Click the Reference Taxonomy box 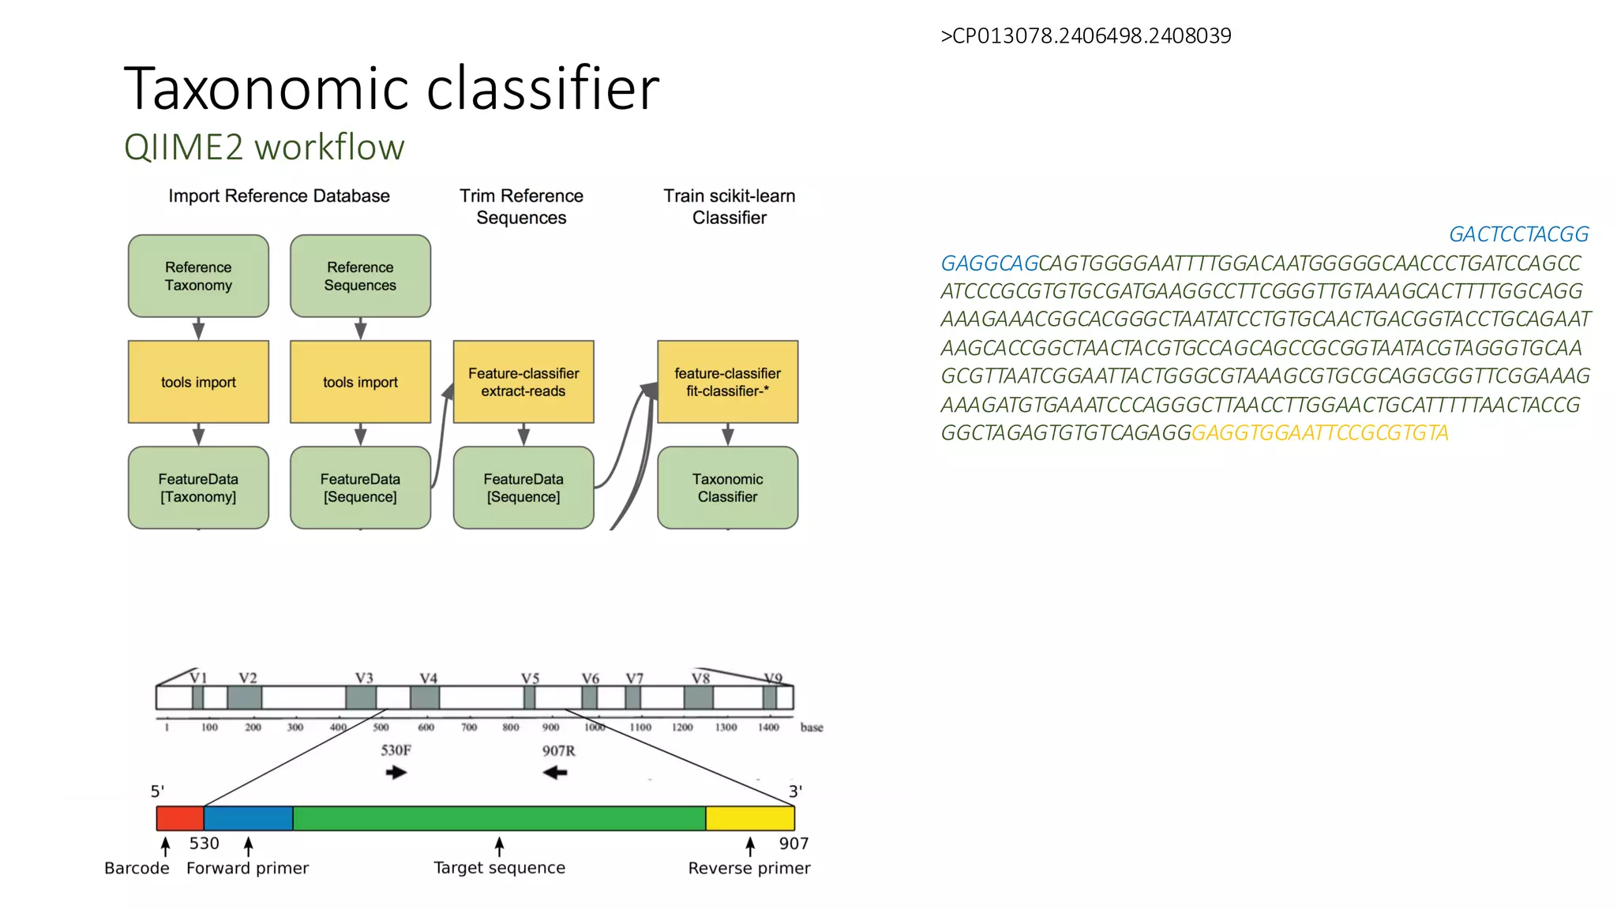tap(198, 276)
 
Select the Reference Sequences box tap(360, 276)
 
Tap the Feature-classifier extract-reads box tap(523, 382)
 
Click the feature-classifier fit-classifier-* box tap(727, 382)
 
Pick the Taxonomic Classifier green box tap(727, 488)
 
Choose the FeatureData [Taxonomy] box tap(198, 488)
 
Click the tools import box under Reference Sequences tap(360, 382)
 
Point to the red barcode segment tap(180, 818)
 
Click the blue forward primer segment tap(248, 818)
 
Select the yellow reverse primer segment tap(749, 818)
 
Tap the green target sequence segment tap(499, 818)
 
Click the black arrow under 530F tap(396, 772)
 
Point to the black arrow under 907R tap(556, 772)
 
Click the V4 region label tap(428, 679)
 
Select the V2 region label tap(248, 679)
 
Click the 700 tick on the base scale tap(469, 727)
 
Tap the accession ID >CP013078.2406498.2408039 tap(1086, 36)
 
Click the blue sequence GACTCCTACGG tap(1518, 234)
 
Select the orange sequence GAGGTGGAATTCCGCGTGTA tap(1319, 433)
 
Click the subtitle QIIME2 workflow tap(264, 148)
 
